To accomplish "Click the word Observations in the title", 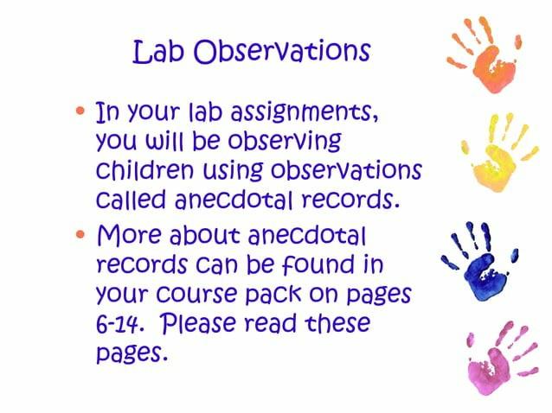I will [282, 52].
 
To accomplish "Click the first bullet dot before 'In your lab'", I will [82, 112].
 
